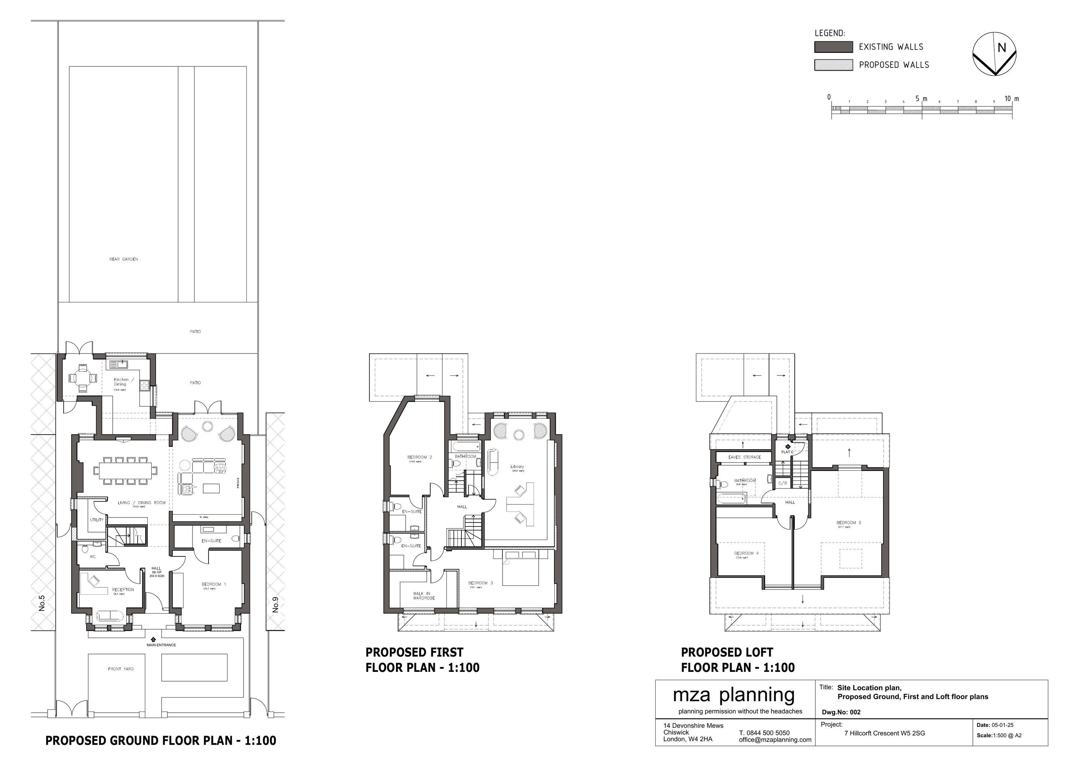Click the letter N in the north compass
point(1001,48)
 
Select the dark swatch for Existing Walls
point(833,47)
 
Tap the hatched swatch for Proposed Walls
point(833,65)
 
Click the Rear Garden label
point(123,259)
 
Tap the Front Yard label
point(121,669)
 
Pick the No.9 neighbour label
point(275,605)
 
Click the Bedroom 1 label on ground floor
point(214,584)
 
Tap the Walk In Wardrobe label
point(423,595)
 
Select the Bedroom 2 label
point(419,457)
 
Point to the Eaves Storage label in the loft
point(744,457)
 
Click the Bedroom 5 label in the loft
point(848,522)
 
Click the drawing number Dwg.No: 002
point(841,712)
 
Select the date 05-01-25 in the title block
point(1003,725)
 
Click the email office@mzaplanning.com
point(775,740)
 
